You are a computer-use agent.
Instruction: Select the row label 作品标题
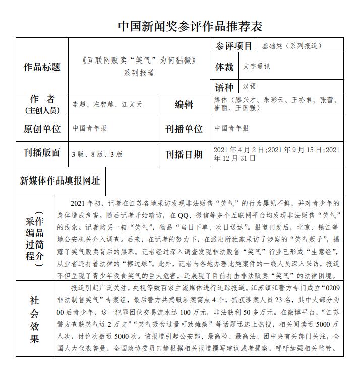click(42, 67)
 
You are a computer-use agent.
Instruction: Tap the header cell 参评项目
click(234, 46)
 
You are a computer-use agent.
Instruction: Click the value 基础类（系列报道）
click(291, 46)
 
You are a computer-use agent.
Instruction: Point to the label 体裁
click(224, 67)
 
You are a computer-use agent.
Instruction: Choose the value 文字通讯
click(257, 66)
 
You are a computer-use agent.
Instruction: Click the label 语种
click(224, 86)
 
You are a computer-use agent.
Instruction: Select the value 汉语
click(249, 86)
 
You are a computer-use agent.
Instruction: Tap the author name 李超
click(79, 104)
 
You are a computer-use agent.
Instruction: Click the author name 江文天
click(132, 104)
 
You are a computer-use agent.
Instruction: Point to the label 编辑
click(184, 104)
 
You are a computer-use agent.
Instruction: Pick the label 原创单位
click(42, 129)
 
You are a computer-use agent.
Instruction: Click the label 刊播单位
click(184, 129)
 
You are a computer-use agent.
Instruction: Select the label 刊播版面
click(42, 153)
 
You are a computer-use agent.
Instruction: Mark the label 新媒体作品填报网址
click(59, 180)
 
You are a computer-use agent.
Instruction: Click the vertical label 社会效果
click(34, 319)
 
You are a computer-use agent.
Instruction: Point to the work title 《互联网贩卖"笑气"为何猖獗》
click(139, 60)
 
